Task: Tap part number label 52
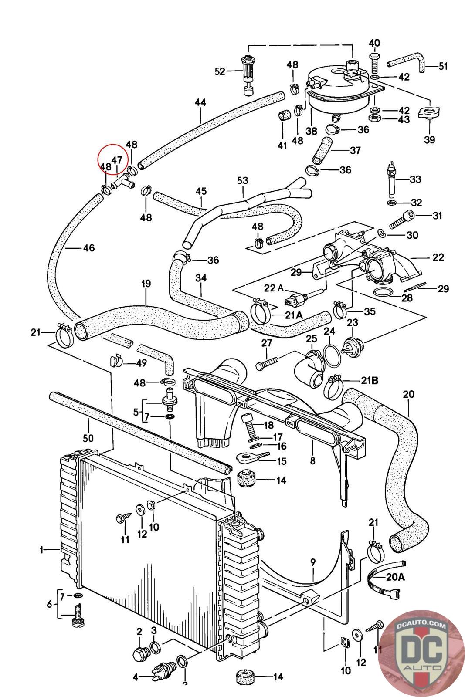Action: (220, 71)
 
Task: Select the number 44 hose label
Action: (200, 103)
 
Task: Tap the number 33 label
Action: (416, 179)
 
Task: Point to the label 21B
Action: (369, 380)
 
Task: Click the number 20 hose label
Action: (408, 395)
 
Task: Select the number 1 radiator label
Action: (42, 550)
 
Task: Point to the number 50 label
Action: (88, 438)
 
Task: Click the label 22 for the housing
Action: (438, 257)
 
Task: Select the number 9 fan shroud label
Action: (313, 562)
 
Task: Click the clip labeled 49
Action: (115, 361)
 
